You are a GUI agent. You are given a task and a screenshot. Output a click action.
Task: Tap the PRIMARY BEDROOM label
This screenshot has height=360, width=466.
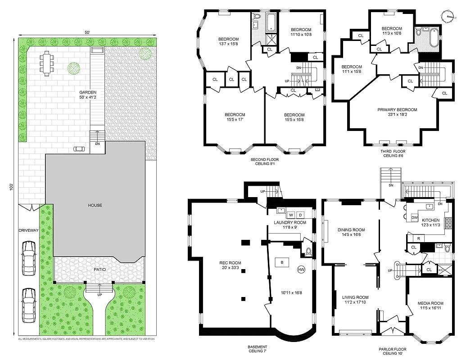(397, 109)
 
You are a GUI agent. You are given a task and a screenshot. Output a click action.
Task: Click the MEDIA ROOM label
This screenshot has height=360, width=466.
(430, 303)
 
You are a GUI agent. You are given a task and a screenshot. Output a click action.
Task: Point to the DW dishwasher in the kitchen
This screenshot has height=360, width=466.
(414, 217)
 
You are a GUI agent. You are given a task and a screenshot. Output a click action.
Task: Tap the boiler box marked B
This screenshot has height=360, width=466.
(282, 262)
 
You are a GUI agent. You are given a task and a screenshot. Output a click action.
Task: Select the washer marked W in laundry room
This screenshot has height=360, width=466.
(291, 215)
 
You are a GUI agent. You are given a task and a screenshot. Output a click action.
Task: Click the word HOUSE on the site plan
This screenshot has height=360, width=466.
(95, 205)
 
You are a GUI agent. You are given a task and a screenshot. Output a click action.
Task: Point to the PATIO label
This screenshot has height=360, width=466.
(100, 270)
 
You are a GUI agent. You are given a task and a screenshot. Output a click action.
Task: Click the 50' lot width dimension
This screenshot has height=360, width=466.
(87, 32)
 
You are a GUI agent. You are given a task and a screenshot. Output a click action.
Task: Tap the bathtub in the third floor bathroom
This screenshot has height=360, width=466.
(432, 39)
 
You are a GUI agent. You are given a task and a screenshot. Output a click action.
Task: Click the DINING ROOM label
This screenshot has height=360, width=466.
(351, 230)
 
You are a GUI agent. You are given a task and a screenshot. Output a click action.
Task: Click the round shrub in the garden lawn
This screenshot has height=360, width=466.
(74, 68)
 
